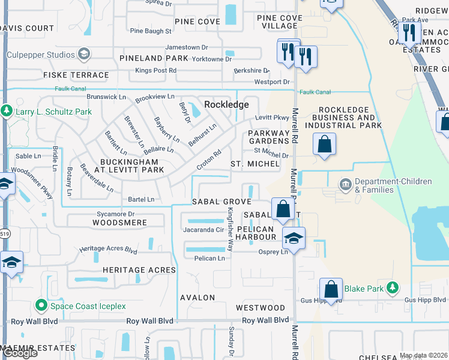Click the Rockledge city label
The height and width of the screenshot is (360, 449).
(x=226, y=104)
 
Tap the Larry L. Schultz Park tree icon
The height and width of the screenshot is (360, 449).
(x=7, y=111)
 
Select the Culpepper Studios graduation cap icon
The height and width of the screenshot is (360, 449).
(x=83, y=55)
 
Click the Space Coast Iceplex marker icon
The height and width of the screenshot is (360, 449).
(x=41, y=306)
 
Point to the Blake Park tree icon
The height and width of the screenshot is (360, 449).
(x=393, y=289)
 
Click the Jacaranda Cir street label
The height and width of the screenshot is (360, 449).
(x=203, y=229)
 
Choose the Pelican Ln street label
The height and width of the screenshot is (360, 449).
(x=209, y=259)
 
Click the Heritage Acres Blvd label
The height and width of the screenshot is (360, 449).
(x=109, y=248)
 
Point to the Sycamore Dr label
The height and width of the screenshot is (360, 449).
(x=115, y=213)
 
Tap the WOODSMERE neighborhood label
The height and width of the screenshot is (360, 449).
(x=119, y=223)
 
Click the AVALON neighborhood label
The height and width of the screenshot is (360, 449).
(x=197, y=298)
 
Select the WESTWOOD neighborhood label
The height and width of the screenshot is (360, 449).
(x=260, y=308)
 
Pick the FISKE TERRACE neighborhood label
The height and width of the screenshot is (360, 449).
(x=76, y=76)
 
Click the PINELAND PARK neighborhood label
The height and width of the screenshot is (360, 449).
(x=154, y=58)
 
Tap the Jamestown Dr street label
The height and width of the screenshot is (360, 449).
(x=186, y=47)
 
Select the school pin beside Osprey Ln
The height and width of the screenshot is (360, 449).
(x=294, y=238)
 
